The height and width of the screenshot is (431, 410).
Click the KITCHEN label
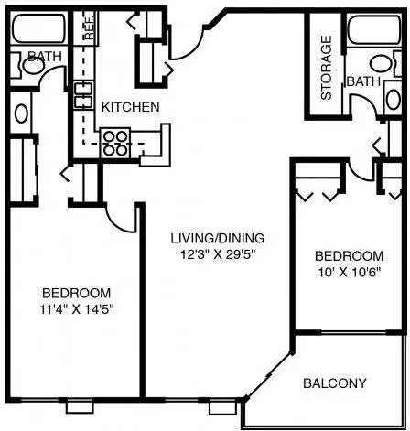[130, 107]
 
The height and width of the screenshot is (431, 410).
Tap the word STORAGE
[327, 68]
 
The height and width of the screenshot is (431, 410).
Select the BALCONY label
[335, 383]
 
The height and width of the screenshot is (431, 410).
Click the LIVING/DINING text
[217, 238]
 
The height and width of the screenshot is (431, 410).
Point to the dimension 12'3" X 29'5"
[218, 254]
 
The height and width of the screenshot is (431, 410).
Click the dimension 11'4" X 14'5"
[77, 309]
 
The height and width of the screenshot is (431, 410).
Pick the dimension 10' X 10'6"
[350, 272]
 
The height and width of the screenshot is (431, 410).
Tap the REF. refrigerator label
[90, 28]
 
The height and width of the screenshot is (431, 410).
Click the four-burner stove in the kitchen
[115, 143]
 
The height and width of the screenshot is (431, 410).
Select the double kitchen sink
[83, 95]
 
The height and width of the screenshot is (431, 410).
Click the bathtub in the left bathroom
[38, 28]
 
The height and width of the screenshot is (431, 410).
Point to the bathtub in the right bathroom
[374, 30]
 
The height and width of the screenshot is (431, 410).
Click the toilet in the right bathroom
[385, 64]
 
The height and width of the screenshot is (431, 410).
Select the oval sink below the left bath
[21, 113]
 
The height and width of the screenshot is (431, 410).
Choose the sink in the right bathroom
[393, 99]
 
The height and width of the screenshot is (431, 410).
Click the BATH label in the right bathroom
[363, 81]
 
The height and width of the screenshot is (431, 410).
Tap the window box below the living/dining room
[222, 408]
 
